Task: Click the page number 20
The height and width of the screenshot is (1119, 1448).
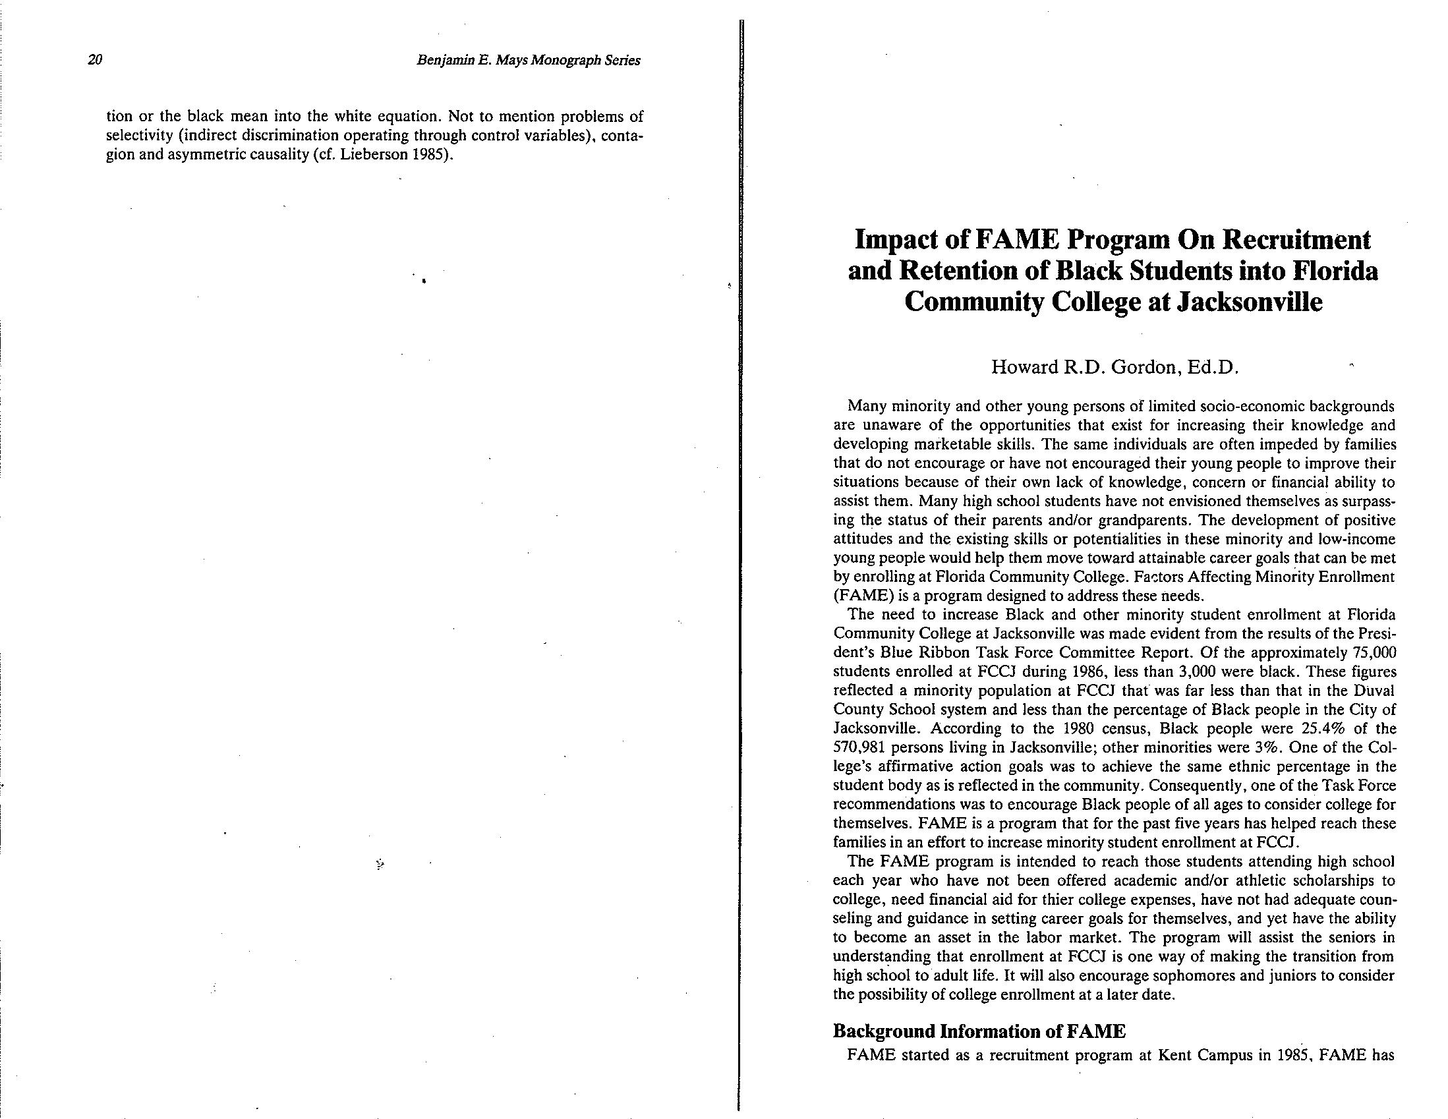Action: [x=95, y=61]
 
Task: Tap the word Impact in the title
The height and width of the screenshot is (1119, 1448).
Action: [x=893, y=240]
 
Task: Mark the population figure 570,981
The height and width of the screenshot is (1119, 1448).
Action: [x=859, y=748]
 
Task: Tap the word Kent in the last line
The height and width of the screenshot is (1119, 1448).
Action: [x=1176, y=1055]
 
